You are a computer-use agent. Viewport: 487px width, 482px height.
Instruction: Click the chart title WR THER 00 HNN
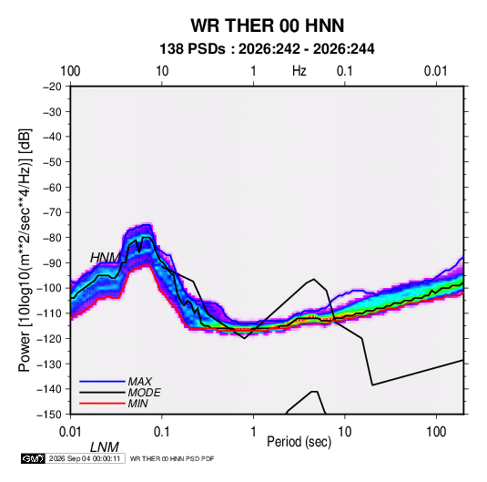268,26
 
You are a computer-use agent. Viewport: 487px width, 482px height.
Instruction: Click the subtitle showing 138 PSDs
267,49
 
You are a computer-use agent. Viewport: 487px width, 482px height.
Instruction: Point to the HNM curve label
105,258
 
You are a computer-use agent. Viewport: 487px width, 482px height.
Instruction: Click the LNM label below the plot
105,447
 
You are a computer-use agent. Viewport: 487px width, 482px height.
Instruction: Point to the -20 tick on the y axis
52,87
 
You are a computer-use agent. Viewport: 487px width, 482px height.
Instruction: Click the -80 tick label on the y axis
52,238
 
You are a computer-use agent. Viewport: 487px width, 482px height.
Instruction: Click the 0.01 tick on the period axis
70,432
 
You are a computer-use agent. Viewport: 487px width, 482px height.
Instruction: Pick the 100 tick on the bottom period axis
436,432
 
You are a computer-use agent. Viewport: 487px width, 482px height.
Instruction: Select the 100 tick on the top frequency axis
70,71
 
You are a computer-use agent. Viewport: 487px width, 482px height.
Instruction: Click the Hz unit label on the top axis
299,71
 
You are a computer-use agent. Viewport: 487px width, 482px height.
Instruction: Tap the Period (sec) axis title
299,442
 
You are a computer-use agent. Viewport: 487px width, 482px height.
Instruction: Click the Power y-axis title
25,251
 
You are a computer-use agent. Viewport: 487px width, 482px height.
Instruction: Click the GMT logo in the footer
34,458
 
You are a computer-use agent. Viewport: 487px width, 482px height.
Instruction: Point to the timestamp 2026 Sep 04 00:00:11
85,458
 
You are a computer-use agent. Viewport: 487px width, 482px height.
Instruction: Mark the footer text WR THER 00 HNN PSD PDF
172,458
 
